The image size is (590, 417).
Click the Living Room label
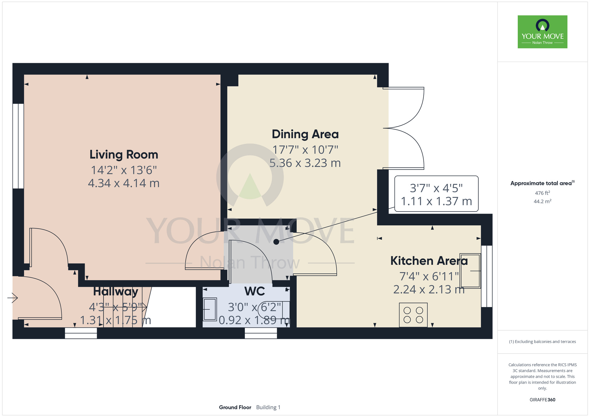[124, 155]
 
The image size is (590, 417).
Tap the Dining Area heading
[305, 134]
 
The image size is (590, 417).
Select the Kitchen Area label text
[429, 261]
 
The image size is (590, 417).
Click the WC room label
[255, 291]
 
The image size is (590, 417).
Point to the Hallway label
[116, 292]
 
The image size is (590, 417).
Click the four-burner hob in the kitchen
[413, 315]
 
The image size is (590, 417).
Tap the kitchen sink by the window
[470, 271]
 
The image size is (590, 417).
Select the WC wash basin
[210, 309]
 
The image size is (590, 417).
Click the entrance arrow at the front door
[13, 298]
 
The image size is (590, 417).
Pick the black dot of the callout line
[276, 242]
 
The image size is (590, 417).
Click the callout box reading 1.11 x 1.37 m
[436, 194]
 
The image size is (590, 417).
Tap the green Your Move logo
[543, 32]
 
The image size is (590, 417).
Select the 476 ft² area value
[543, 193]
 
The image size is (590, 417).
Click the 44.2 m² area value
[543, 201]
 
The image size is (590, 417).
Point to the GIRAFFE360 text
[543, 400]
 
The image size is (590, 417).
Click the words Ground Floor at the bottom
[235, 407]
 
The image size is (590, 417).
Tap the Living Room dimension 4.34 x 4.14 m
[124, 183]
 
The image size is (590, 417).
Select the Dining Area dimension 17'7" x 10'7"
[305, 150]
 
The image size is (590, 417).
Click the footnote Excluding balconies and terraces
[543, 342]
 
